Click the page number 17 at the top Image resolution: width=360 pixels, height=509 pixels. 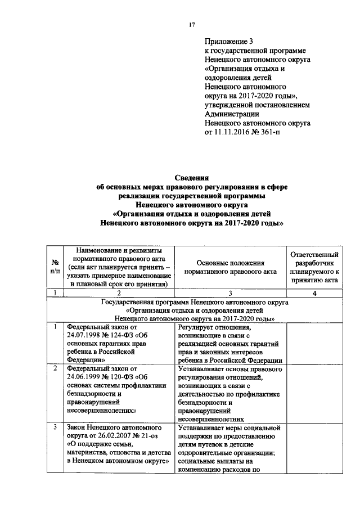point(192,25)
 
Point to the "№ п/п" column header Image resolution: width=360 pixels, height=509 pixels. point(56,267)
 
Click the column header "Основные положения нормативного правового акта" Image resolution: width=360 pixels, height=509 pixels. point(231,267)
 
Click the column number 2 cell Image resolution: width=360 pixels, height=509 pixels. point(119,292)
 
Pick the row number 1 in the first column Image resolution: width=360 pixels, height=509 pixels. point(55,327)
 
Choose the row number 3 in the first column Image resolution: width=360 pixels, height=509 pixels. point(55,428)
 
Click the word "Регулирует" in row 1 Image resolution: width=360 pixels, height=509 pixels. point(197,327)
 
